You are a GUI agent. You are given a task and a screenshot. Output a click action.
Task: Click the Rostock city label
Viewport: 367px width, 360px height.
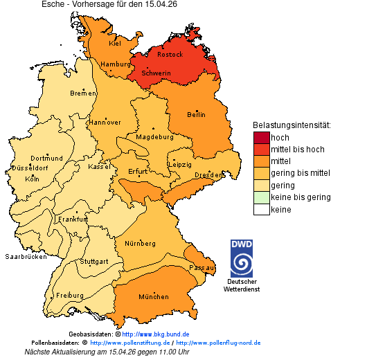click(170, 54)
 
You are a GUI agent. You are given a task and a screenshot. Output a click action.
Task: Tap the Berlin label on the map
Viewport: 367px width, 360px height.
click(197, 114)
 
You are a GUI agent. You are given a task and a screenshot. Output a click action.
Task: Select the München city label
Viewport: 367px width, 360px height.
click(154, 296)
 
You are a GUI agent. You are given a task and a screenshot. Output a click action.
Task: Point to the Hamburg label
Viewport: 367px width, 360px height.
click(116, 64)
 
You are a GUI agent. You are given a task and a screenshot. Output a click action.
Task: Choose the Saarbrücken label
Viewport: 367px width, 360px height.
click(26, 256)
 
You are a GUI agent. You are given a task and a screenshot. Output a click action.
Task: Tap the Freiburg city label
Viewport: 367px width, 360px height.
click(69, 295)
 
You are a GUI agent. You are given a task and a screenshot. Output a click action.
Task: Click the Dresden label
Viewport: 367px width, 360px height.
click(208, 175)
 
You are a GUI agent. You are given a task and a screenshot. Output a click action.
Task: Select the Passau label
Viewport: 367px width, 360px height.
click(202, 267)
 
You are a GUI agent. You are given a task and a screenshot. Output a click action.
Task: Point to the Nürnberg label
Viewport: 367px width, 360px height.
click(140, 244)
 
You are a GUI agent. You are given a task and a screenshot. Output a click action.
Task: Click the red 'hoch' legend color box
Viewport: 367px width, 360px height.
click(261, 137)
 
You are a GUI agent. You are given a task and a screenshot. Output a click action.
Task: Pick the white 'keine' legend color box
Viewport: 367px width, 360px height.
click(261, 209)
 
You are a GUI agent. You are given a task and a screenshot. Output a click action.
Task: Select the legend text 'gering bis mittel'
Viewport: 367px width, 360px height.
click(301, 173)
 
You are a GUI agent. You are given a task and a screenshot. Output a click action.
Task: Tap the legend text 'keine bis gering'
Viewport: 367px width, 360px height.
click(301, 197)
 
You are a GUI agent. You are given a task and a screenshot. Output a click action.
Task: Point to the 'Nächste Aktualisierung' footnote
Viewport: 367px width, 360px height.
click(107, 352)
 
